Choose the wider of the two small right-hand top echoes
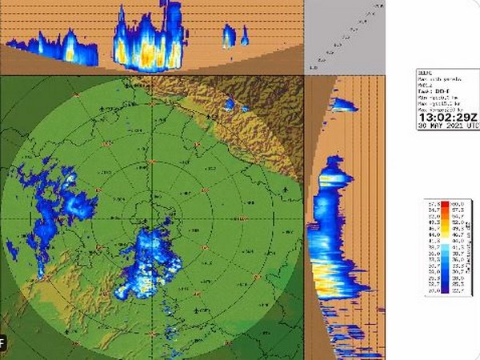(x=230, y=36)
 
